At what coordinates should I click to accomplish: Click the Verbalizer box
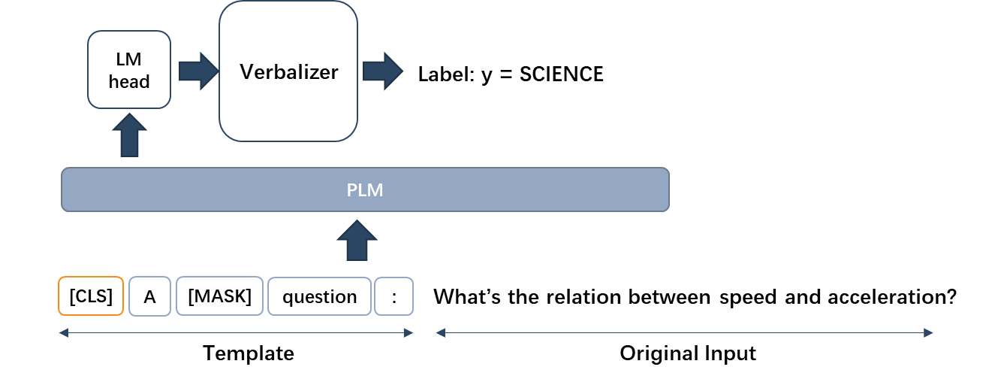(288, 71)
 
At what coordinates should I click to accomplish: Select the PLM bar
(365, 189)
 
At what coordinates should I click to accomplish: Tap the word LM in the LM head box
(129, 60)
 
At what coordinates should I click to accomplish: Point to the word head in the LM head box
(129, 82)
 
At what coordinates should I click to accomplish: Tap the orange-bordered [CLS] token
(91, 296)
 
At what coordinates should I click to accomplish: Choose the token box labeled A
(149, 297)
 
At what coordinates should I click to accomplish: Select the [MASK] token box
(219, 296)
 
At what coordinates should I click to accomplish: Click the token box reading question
(319, 297)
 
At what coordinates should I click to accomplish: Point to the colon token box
(394, 297)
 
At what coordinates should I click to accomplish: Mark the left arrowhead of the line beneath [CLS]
(63, 332)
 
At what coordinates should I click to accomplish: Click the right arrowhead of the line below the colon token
(409, 332)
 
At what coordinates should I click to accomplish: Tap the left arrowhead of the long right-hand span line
(440, 332)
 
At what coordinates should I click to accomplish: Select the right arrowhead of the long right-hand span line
(929, 332)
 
